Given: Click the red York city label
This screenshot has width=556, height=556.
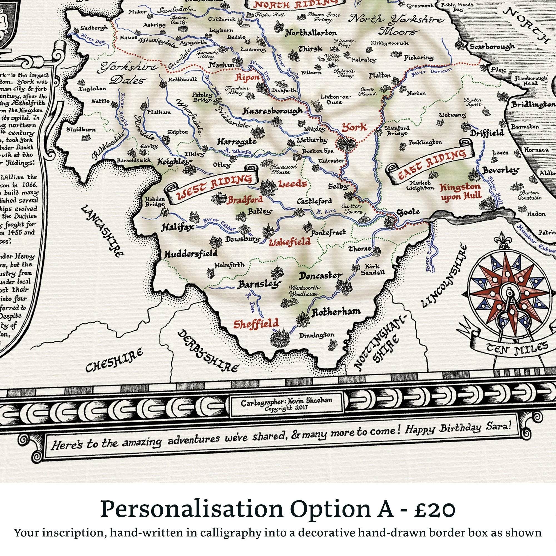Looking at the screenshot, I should pos(354,127).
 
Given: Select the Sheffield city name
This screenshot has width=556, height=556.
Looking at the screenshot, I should pos(256,324).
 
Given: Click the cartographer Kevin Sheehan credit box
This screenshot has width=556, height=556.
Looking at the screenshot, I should pos(286,404).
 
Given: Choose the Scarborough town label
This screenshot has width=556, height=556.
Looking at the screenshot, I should pos(492,47).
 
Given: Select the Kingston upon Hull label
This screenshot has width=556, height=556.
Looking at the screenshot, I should pos(460,192).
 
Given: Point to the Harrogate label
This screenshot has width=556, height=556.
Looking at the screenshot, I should pos(237,142).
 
